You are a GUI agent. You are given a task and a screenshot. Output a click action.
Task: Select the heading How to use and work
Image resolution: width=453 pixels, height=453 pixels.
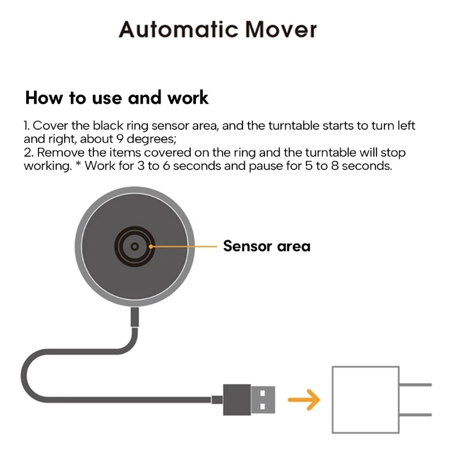point(117,97)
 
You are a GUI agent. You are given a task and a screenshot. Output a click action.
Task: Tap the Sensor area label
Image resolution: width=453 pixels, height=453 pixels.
point(266,246)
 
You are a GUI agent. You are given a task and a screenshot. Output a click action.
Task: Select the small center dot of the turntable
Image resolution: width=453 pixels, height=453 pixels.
point(134,247)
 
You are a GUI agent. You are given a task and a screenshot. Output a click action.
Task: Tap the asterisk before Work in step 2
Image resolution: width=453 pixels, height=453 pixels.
point(79,165)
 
